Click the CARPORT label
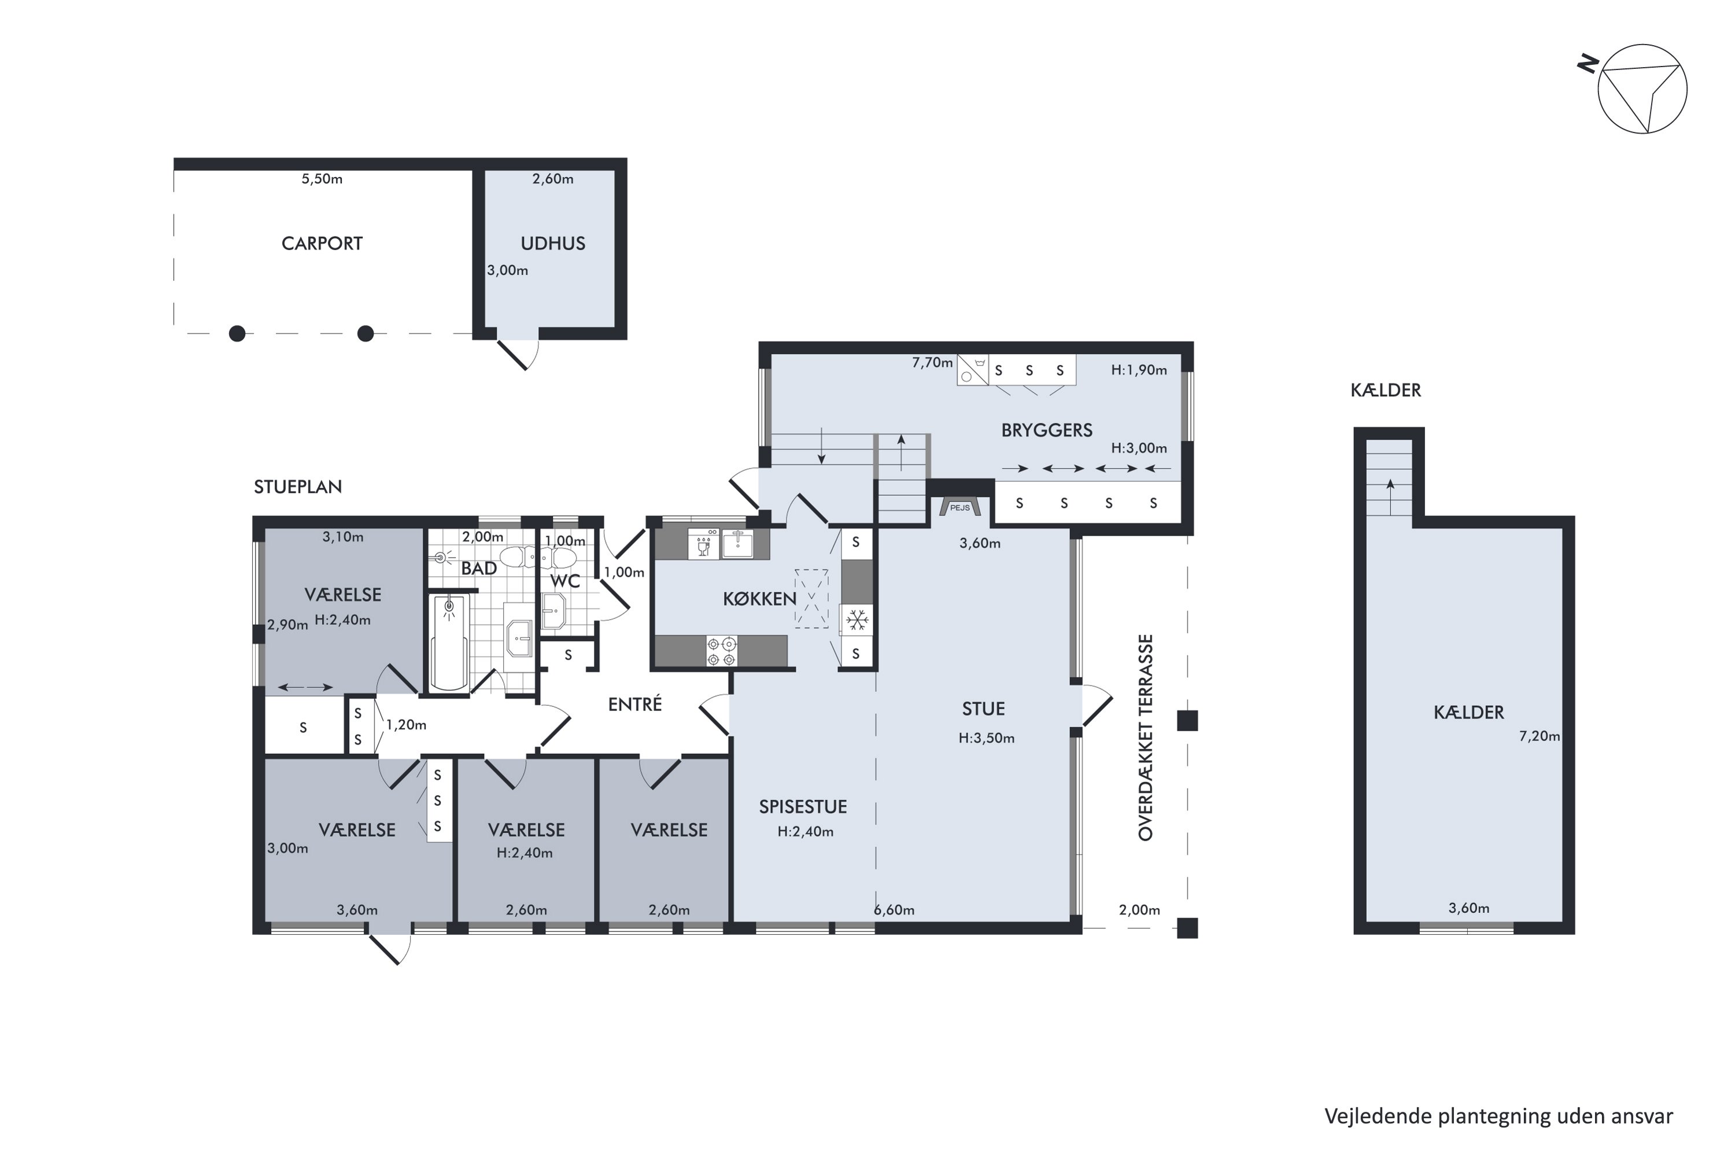point(322,244)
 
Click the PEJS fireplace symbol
point(959,506)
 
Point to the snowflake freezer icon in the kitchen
point(857,620)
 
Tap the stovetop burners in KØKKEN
point(721,651)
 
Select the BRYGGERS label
point(1046,430)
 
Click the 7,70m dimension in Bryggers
point(932,362)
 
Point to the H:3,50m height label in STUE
point(986,738)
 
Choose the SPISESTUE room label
point(803,806)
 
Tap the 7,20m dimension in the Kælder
point(1540,736)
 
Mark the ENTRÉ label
point(634,704)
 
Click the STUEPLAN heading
point(297,487)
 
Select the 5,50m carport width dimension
point(322,179)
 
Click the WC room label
point(565,581)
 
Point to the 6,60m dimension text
point(894,910)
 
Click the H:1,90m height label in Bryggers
point(1139,370)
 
